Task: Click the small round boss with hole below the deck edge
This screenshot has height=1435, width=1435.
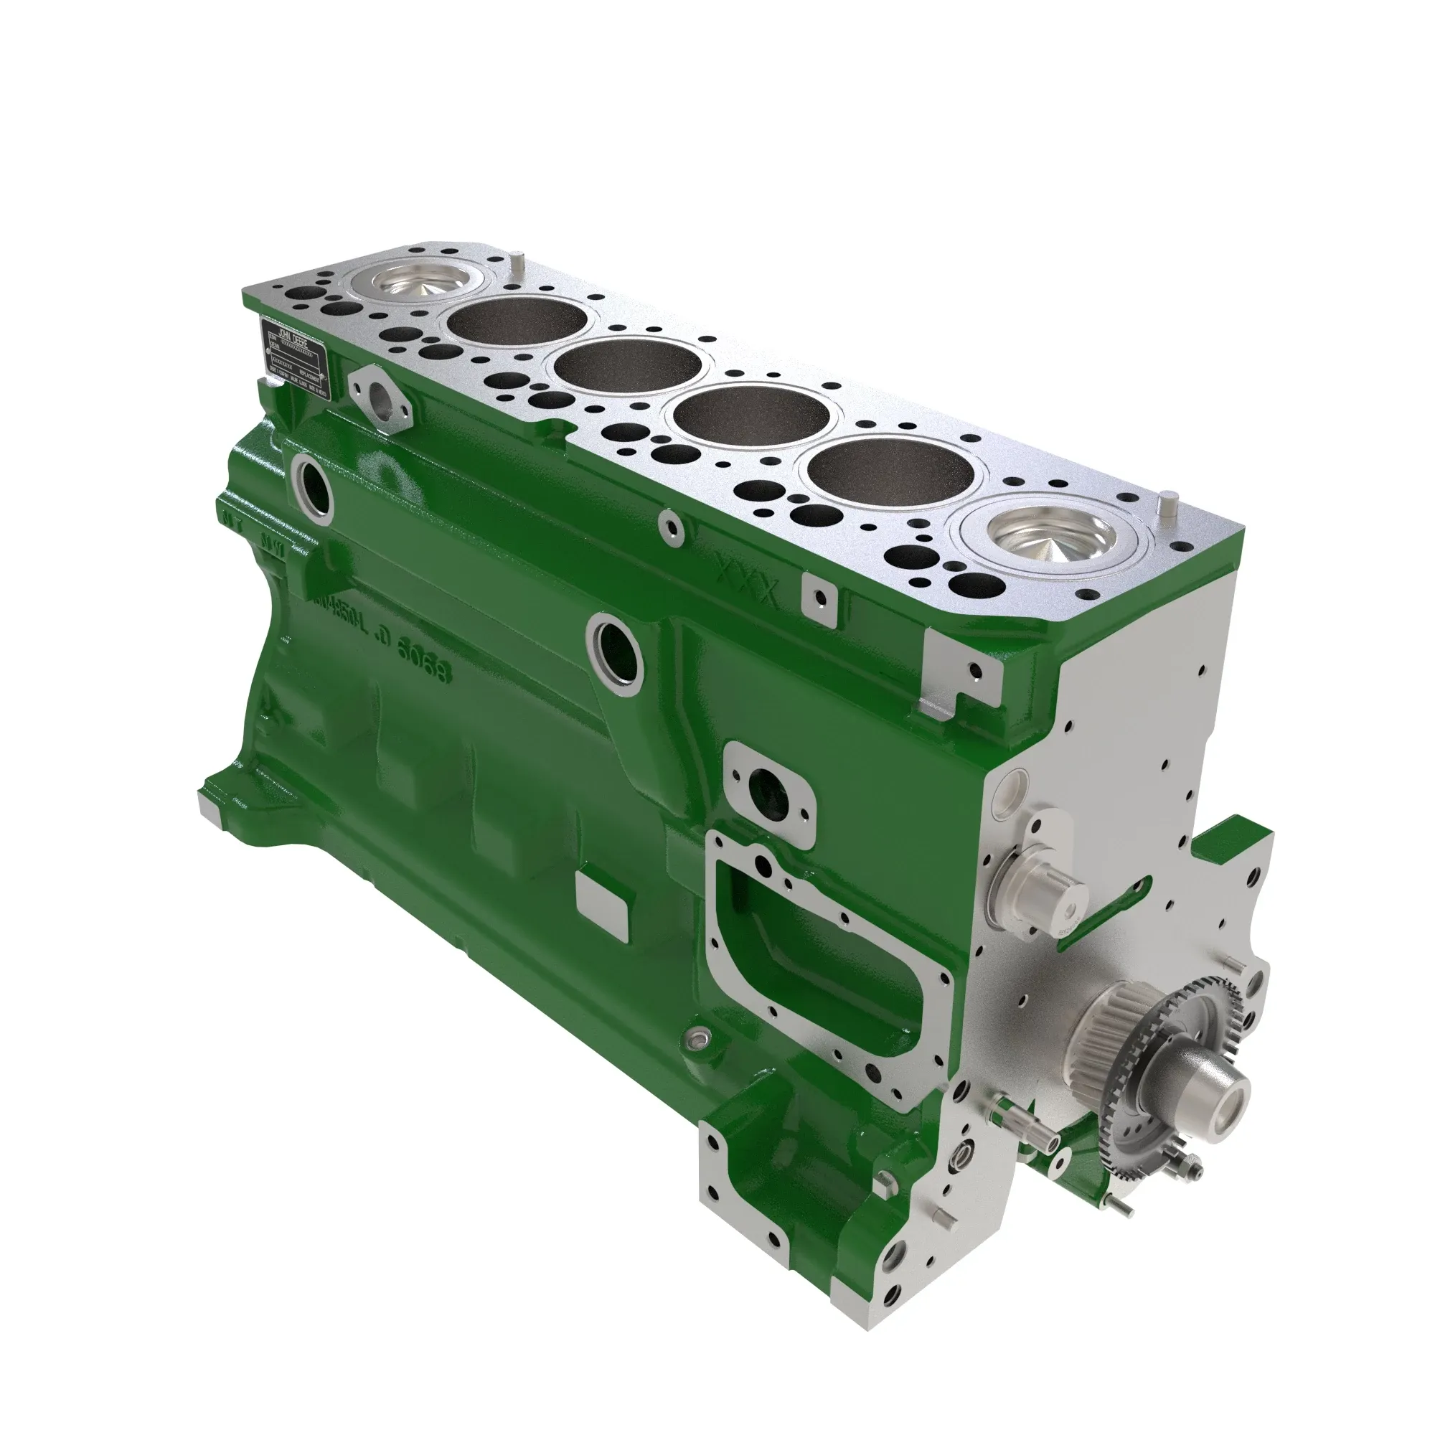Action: coord(672,525)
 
